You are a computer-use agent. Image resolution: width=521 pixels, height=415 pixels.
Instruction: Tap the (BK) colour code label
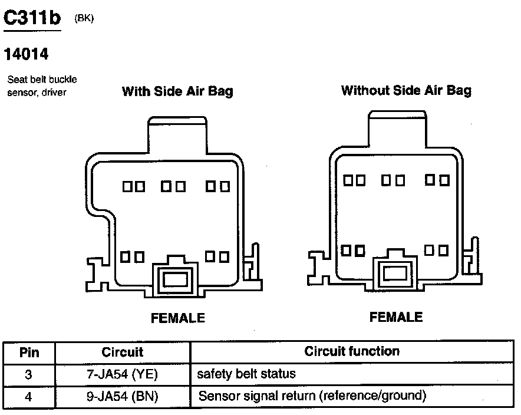[84, 18]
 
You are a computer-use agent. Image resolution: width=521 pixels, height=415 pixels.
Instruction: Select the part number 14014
[26, 54]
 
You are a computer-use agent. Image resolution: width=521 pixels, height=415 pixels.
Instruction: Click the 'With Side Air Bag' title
[177, 91]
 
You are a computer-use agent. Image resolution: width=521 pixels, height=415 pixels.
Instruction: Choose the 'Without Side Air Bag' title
[406, 90]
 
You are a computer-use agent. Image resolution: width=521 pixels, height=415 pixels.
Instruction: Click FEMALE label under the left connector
[178, 318]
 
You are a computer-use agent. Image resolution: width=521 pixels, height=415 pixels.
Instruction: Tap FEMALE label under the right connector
[396, 317]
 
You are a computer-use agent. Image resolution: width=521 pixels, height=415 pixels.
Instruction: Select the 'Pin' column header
[29, 353]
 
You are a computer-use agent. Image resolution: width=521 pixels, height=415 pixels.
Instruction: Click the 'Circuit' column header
[123, 353]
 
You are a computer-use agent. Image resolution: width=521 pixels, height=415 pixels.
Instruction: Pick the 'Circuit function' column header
[352, 352]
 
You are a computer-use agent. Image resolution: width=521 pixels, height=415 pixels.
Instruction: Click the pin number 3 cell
[29, 374]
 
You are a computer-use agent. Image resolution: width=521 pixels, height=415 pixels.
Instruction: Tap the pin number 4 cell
[29, 396]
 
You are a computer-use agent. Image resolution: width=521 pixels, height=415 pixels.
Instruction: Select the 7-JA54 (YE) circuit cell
[123, 374]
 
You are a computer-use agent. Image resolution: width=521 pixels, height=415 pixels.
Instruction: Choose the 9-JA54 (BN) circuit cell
[123, 396]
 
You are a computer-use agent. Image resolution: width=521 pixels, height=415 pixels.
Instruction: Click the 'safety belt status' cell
[246, 374]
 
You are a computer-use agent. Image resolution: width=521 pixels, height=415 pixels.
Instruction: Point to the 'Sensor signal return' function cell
[312, 396]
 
